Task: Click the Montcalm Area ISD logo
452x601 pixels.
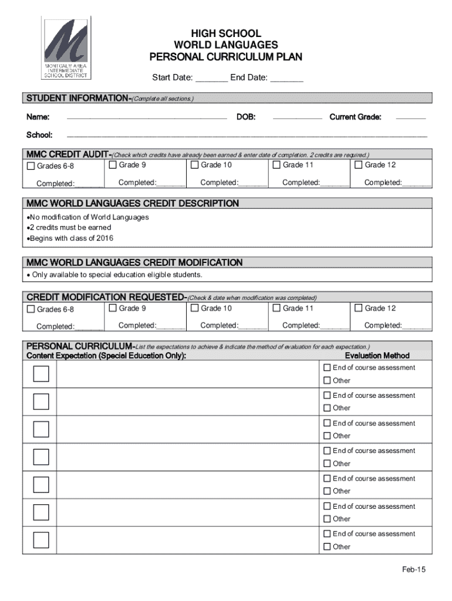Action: pos(66,48)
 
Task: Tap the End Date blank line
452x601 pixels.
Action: pos(287,78)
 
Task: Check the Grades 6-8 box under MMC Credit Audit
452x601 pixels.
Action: pos(32,166)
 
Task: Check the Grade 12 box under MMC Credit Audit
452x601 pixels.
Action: pos(359,165)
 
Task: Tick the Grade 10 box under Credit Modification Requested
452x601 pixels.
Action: pos(195,308)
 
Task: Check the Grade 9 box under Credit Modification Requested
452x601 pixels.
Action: pos(113,308)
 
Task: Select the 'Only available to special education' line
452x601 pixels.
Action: pos(116,275)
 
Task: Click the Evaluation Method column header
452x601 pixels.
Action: pos(377,356)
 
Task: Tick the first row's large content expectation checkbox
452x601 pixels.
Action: pos(41,374)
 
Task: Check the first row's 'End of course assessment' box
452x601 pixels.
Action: pos(328,368)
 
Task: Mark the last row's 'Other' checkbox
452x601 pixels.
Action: pos(328,547)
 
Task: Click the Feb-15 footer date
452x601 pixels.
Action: pos(413,570)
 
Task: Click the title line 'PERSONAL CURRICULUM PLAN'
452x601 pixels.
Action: pos(226,57)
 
